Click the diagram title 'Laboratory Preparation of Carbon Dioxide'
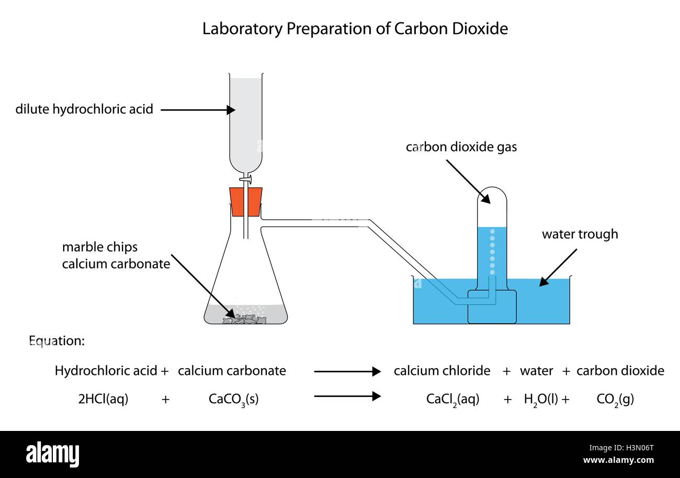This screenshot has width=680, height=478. point(355,29)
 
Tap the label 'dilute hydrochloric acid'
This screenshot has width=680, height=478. point(84,110)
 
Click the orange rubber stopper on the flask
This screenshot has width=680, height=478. point(245,202)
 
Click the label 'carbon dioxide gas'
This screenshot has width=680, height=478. point(461,147)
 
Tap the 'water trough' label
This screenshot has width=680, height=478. point(580,234)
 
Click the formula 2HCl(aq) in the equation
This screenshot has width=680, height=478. point(103,400)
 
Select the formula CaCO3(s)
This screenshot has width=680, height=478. point(233,400)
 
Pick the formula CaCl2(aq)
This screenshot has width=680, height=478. point(452,400)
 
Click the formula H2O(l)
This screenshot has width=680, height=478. point(543,400)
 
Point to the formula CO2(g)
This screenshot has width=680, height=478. point(615,400)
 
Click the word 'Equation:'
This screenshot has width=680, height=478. point(56,342)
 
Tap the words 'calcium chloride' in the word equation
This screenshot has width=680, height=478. point(442,371)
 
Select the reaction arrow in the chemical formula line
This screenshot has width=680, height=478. point(347,396)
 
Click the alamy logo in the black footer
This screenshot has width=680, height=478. point(52,453)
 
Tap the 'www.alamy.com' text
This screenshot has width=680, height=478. point(618,460)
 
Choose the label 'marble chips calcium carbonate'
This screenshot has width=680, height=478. point(116,255)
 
